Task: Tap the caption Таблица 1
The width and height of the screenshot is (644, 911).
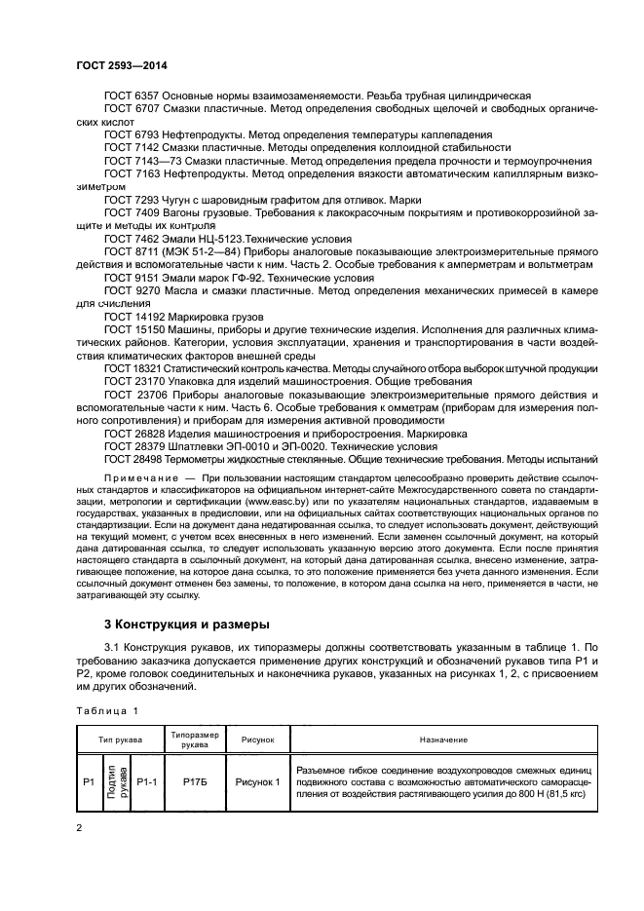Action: coord(108,710)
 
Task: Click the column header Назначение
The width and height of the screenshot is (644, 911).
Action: coord(444,740)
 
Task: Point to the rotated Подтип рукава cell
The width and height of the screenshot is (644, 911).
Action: coord(116,781)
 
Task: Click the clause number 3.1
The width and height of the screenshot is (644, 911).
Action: coord(113,650)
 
